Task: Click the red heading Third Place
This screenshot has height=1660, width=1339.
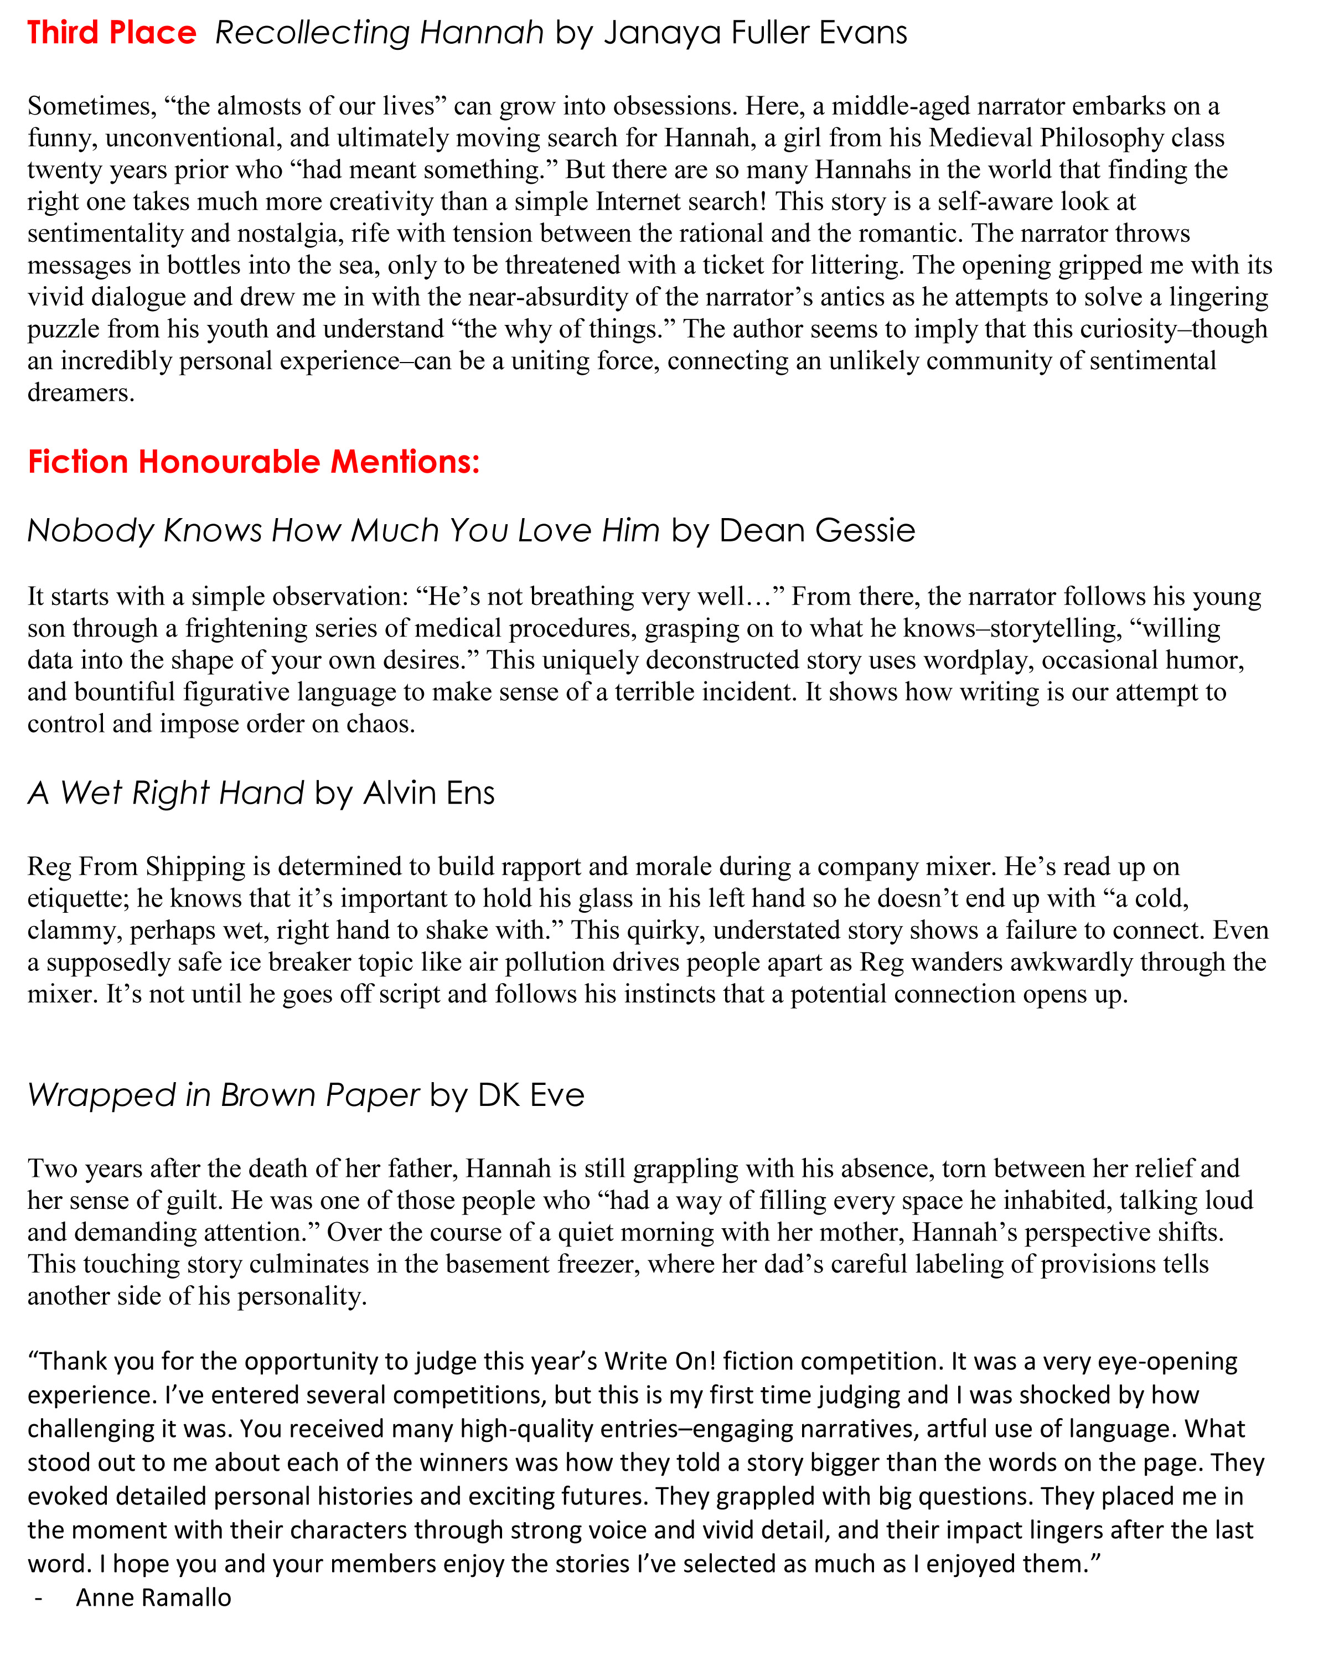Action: pyautogui.click(x=112, y=33)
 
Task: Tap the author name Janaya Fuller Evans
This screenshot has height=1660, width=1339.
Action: pyautogui.click(x=755, y=33)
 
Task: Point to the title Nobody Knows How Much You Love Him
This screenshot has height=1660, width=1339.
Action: pyautogui.click(x=343, y=531)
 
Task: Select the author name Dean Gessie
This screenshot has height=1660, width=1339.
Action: pyautogui.click(x=817, y=531)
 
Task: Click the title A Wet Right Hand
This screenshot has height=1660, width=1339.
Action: pyautogui.click(x=166, y=793)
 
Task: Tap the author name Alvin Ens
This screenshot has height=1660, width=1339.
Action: pyautogui.click(x=429, y=793)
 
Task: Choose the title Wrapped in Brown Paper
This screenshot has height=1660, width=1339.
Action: pyautogui.click(x=224, y=1095)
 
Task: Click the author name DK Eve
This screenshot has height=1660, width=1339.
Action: pyautogui.click(x=531, y=1095)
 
